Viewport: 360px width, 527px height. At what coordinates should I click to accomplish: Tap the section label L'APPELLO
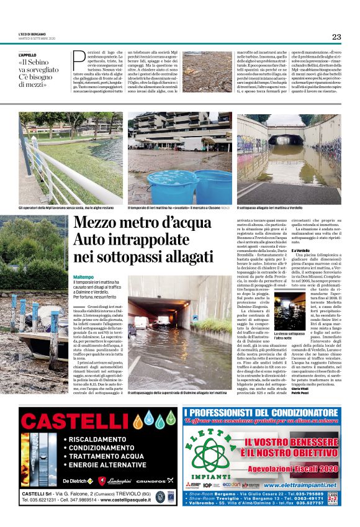pos(28,55)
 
